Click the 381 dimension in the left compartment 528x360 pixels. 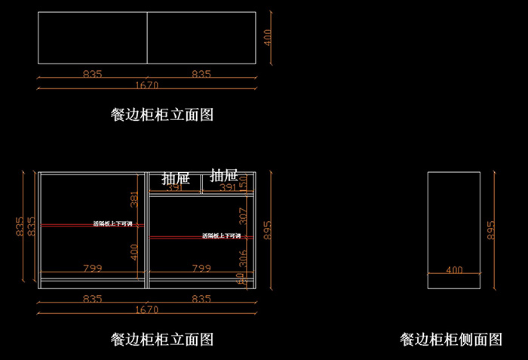pyautogui.click(x=135, y=199)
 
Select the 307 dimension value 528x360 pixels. pyautogui.click(x=242, y=216)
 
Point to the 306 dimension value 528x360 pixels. pyautogui.click(x=242, y=258)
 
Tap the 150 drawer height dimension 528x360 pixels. pyautogui.click(x=243, y=182)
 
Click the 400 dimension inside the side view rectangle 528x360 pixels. pyautogui.click(x=454, y=269)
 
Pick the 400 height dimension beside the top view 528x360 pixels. pyautogui.click(x=268, y=38)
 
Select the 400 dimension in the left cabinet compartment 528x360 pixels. pyautogui.click(x=135, y=251)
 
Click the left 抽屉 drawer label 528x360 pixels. pyautogui.click(x=174, y=177)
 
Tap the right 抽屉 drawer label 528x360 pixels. pyautogui.click(x=223, y=175)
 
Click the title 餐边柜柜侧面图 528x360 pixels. pyautogui.click(x=451, y=340)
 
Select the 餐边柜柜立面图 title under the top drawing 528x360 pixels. pyautogui.click(x=162, y=115)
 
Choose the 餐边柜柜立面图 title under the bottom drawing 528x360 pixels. pyautogui.click(x=162, y=339)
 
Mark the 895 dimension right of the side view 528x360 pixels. pyautogui.click(x=491, y=229)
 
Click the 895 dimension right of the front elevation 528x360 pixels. pyautogui.click(x=268, y=229)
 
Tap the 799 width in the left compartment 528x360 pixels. pyautogui.click(x=92, y=268)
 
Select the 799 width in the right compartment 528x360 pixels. pyautogui.click(x=201, y=268)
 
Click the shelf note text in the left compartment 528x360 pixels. pyautogui.click(x=112, y=224)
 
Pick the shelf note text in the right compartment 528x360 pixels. pyautogui.click(x=221, y=236)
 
